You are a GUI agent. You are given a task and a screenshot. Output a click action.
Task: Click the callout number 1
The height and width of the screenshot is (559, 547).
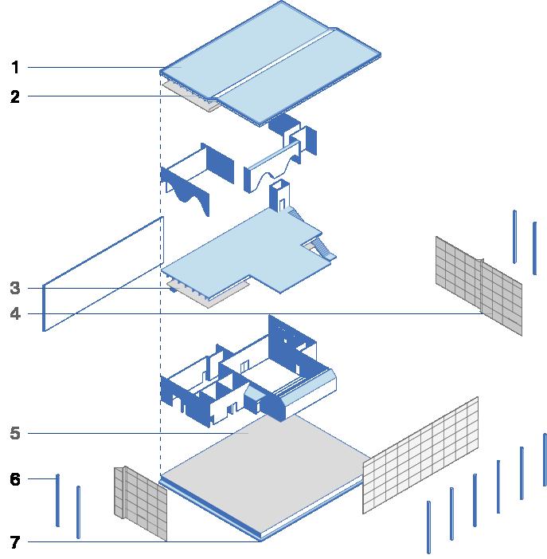(15, 67)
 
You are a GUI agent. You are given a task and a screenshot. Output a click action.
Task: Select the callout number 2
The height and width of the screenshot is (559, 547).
(15, 96)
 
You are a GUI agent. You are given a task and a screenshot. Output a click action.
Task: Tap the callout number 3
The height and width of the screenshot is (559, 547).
(15, 288)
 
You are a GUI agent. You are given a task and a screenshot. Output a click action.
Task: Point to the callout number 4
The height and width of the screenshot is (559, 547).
(15, 313)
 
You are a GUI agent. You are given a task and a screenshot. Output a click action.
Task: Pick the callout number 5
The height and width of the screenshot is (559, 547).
(15, 433)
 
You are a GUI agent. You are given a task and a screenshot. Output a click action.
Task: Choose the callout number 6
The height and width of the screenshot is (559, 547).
(15, 478)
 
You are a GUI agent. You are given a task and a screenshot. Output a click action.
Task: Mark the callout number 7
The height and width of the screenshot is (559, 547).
(15, 542)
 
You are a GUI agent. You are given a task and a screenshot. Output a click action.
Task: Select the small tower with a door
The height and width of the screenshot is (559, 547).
(279, 196)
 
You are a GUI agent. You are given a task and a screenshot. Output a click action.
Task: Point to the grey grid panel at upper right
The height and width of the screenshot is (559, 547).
(479, 286)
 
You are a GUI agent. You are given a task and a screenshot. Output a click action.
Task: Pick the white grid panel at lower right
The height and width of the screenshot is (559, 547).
(420, 455)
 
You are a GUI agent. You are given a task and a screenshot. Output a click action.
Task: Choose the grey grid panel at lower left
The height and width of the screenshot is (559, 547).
(140, 503)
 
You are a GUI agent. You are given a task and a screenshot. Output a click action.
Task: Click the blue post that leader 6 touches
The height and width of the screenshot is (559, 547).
(57, 500)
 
